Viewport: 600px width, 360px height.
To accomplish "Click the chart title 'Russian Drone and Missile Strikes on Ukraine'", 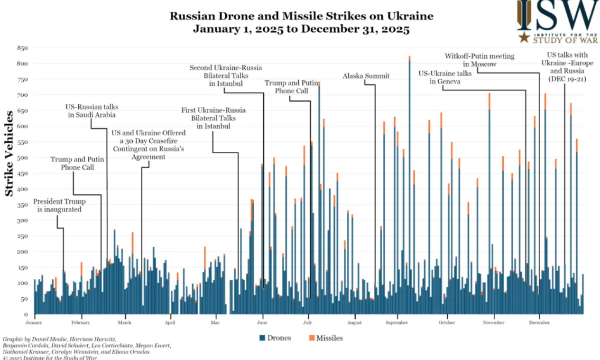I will click(301, 16).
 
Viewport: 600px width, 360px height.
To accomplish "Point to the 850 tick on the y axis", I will click(22, 48).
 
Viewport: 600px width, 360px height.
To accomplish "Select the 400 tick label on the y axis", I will click(22, 189).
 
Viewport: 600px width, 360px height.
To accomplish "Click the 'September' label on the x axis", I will click(397, 323).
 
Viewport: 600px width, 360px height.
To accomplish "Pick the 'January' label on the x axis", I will click(34, 323).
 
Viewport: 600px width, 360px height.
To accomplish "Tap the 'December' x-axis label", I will click(539, 323).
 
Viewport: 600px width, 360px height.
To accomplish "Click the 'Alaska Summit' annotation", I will click(366, 76).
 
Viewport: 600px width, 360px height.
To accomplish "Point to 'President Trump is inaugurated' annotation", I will click(59, 205).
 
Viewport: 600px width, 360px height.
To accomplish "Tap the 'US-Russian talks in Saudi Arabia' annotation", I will click(92, 111).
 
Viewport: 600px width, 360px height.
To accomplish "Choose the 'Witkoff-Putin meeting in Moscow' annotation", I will click(480, 60).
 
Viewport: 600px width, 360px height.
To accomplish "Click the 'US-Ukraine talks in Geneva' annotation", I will click(445, 77).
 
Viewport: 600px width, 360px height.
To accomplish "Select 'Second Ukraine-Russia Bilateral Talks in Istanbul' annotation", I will click(226, 76).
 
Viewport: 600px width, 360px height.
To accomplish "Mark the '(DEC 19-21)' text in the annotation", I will click(567, 79).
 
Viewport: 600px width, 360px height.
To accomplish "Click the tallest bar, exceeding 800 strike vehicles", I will click(409, 190).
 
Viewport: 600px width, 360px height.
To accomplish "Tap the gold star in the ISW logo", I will click(524, 37).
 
